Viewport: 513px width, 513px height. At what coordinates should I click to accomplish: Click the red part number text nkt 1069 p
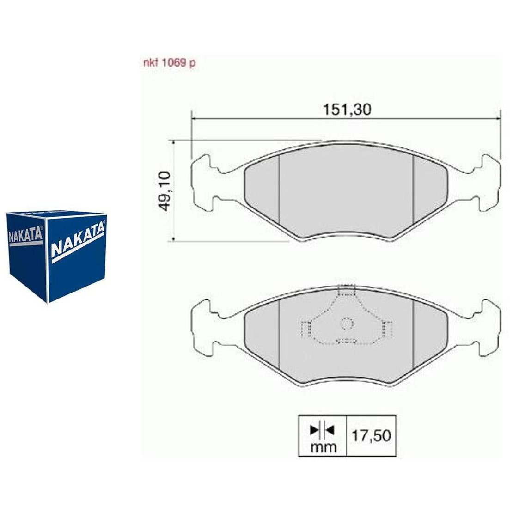click(x=170, y=62)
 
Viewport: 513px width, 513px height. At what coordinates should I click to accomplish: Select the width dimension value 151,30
click(x=347, y=109)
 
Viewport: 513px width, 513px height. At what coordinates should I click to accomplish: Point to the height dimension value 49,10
click(x=165, y=191)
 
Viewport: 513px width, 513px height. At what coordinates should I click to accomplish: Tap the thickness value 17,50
click(x=371, y=435)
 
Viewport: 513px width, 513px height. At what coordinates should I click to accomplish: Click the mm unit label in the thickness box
click(x=323, y=446)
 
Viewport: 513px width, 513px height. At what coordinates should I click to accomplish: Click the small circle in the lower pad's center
click(x=347, y=324)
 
